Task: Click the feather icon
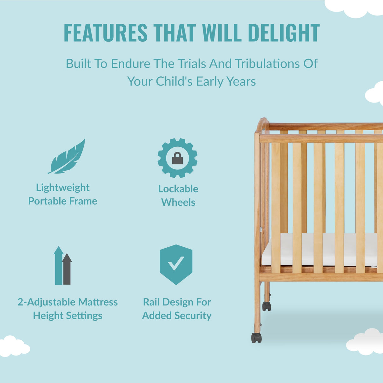pyautogui.click(x=67, y=157)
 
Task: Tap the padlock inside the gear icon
pyautogui.click(x=177, y=158)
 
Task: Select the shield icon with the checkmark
pyautogui.click(x=176, y=264)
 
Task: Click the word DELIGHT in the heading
pyautogui.click(x=284, y=33)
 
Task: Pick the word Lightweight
pyautogui.click(x=63, y=188)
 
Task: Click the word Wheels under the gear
pyautogui.click(x=178, y=202)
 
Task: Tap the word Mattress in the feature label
pyautogui.click(x=98, y=302)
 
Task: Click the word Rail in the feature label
pyautogui.click(x=151, y=302)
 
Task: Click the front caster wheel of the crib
pyautogui.click(x=256, y=338)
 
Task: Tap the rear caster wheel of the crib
pyautogui.click(x=267, y=306)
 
